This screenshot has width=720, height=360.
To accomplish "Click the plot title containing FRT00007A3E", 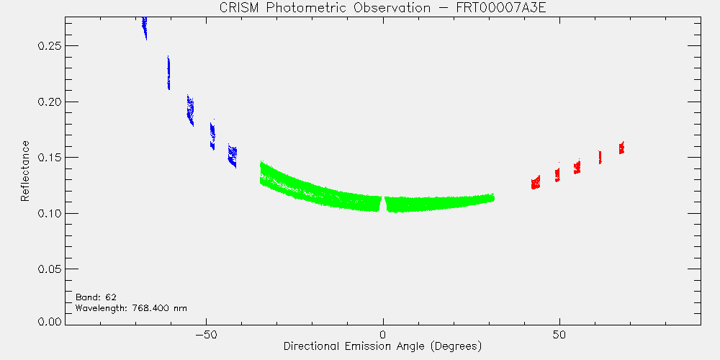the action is pos(383,8).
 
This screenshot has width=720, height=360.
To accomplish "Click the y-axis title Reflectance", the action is pos(24,171).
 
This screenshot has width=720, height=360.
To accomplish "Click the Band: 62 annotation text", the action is pos(96,297).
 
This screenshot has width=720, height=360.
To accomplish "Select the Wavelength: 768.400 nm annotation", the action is pos(131,308).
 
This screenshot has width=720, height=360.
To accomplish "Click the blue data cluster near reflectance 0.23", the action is pos(168,73).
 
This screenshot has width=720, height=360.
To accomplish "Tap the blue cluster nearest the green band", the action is pos(233,156).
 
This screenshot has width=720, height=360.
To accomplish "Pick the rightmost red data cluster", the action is pos(621,148).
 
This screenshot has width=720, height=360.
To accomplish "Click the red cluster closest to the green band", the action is pos(536,182).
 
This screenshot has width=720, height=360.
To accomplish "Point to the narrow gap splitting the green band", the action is pos(383,204).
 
